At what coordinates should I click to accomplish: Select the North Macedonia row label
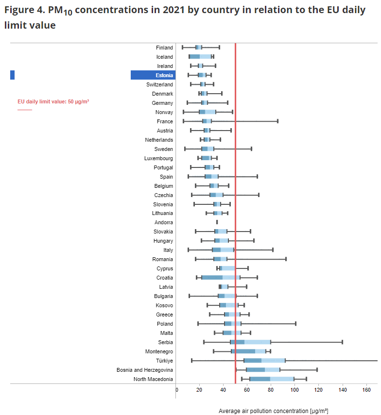click(x=153, y=379)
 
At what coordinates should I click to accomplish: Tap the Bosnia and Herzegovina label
click(x=145, y=370)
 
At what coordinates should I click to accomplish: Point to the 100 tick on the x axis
click(x=294, y=390)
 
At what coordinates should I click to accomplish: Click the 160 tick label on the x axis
click(x=366, y=390)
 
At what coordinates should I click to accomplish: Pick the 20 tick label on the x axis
click(x=199, y=390)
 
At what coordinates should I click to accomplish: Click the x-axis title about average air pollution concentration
click(x=274, y=411)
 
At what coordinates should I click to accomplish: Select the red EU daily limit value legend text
click(x=53, y=101)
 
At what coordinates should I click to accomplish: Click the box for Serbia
click(x=250, y=342)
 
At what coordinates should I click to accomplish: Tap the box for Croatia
click(x=221, y=278)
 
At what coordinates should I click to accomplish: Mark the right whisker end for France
click(x=277, y=121)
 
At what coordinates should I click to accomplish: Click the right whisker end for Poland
click(x=295, y=324)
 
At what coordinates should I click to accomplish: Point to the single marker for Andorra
click(x=217, y=222)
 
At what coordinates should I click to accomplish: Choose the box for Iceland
click(x=200, y=57)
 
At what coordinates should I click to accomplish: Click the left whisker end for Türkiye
click(x=192, y=361)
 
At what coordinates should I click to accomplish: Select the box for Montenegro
click(x=248, y=351)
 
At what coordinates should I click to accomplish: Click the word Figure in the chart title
click(x=19, y=10)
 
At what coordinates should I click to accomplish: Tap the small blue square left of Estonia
click(x=13, y=75)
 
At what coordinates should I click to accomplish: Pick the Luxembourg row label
click(x=158, y=158)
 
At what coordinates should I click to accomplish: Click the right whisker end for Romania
click(x=286, y=259)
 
